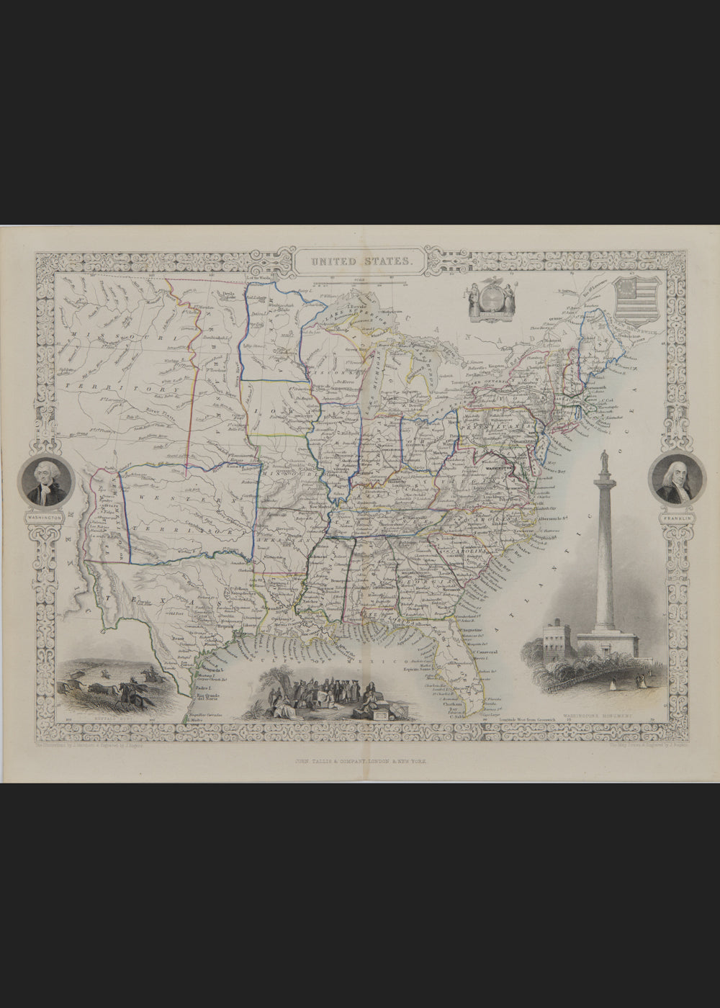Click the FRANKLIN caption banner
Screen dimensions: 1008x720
(x=675, y=516)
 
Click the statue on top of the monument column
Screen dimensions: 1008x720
(x=603, y=458)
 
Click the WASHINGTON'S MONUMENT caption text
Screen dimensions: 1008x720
(x=590, y=717)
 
